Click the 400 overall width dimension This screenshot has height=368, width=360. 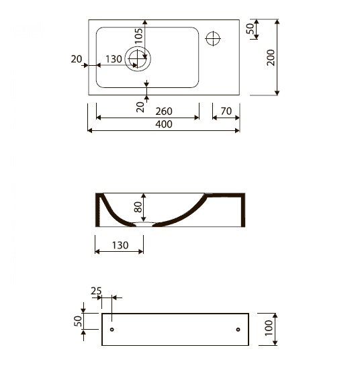[164, 124]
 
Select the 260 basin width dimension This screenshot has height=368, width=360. [164, 111]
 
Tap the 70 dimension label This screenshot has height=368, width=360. [226, 111]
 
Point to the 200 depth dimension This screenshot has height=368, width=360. [271, 58]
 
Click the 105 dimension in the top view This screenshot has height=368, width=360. [139, 36]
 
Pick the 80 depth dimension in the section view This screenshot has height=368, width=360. [138, 207]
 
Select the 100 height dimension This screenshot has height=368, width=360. [269, 328]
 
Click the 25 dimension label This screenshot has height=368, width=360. [96, 291]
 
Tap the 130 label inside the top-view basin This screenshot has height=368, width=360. [114, 59]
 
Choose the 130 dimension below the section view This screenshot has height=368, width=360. [120, 246]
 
